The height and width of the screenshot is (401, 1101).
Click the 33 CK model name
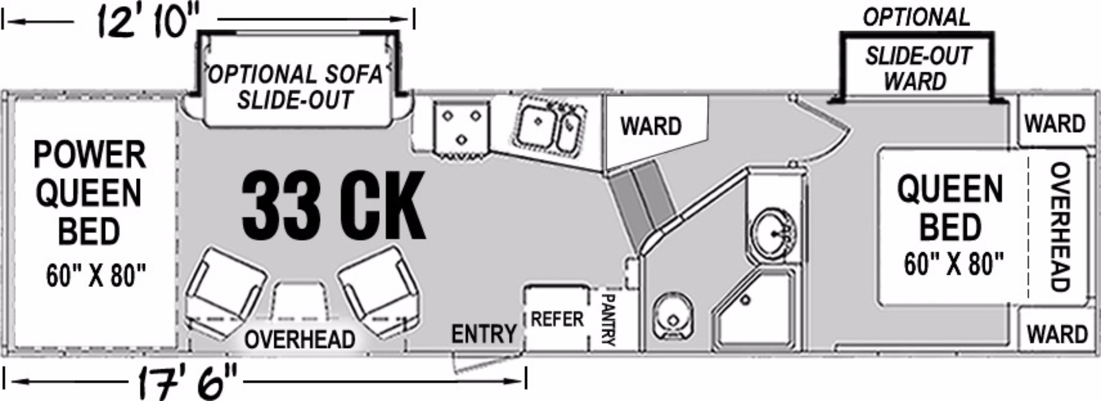pyautogui.click(x=334, y=204)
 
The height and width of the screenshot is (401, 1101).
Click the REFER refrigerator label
pyautogui.click(x=557, y=319)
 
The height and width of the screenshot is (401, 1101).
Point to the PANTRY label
pyautogui.click(x=607, y=319)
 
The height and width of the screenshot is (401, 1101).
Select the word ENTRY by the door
pyautogui.click(x=484, y=334)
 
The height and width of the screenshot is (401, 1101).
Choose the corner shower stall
pyautogui.click(x=754, y=308)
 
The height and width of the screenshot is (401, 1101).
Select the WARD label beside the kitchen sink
pyautogui.click(x=651, y=126)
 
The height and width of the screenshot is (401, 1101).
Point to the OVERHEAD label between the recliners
pyautogui.click(x=299, y=339)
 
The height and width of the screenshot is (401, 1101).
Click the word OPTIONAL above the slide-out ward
pyautogui.click(x=916, y=18)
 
